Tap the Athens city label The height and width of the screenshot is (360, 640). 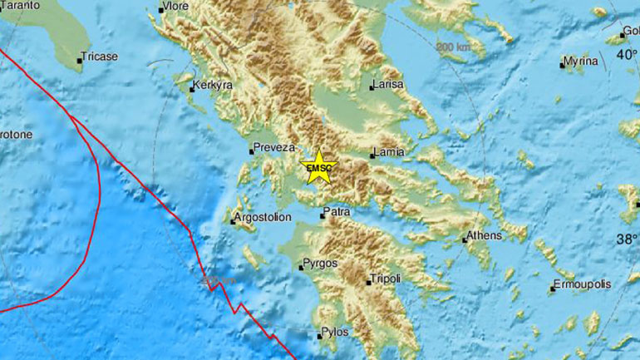[x=485, y=235]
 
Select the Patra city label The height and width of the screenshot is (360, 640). [x=337, y=212]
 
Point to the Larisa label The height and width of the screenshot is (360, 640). [x=388, y=84]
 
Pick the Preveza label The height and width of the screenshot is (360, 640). [x=275, y=147]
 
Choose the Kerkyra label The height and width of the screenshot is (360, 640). [x=213, y=85]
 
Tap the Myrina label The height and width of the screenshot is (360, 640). [x=580, y=61]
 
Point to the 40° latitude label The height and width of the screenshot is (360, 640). [x=627, y=55]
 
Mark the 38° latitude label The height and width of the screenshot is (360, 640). [x=627, y=239]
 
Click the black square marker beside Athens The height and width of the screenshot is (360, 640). [x=465, y=240]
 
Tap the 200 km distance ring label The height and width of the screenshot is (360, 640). [x=452, y=47]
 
